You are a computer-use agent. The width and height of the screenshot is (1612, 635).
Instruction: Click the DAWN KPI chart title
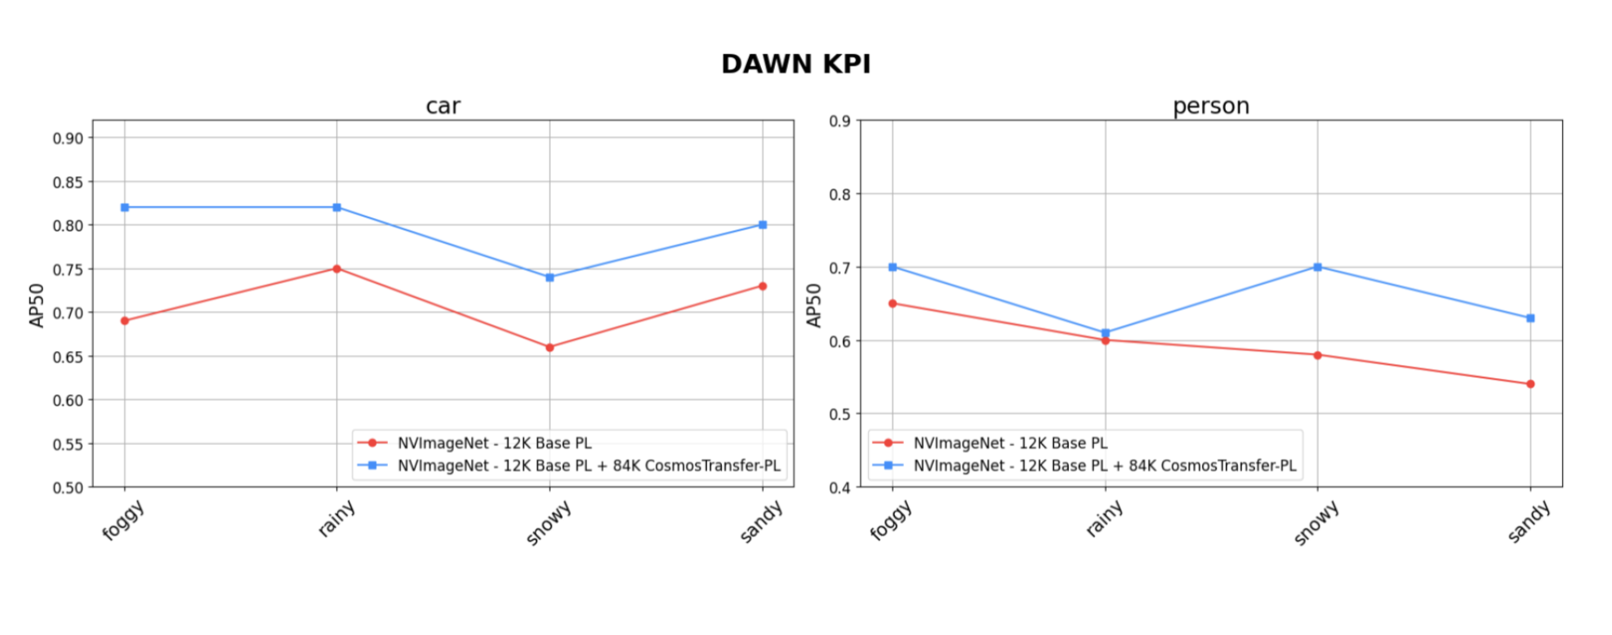tap(795, 64)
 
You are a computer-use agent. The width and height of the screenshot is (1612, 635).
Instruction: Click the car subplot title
tap(443, 106)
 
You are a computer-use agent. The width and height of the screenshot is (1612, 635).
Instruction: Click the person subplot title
tap(1210, 106)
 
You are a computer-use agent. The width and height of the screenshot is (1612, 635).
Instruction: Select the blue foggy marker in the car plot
tap(125, 207)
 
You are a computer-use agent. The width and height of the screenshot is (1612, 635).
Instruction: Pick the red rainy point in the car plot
tap(336, 269)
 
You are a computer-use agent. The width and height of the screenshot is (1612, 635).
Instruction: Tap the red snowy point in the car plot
tap(550, 347)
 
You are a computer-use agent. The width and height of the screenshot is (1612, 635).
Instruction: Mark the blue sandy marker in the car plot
tap(763, 224)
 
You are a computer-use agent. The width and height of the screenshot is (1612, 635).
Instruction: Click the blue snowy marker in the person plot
tap(1317, 267)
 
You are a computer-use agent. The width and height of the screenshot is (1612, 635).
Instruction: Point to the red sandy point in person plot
tap(1530, 384)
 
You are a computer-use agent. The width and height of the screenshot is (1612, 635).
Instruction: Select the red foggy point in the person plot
tap(893, 304)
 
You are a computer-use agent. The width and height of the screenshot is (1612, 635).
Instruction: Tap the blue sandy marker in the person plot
tap(1530, 318)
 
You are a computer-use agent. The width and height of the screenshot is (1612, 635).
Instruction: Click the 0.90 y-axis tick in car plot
tap(68, 138)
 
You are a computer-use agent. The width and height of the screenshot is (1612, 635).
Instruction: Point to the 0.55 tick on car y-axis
tap(68, 444)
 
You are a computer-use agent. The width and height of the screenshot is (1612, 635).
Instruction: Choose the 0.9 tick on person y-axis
tap(839, 121)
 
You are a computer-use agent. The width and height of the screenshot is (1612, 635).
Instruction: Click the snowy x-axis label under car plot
tap(548, 523)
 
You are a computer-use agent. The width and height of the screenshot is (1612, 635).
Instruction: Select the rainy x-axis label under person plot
tap(1104, 519)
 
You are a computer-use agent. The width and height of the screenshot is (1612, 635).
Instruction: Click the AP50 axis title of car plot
tap(37, 305)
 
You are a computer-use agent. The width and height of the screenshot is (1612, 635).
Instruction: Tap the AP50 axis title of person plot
tap(813, 305)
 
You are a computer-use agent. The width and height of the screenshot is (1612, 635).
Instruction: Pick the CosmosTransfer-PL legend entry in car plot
tap(588, 465)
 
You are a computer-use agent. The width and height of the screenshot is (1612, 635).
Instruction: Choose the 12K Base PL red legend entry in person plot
tap(1009, 443)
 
